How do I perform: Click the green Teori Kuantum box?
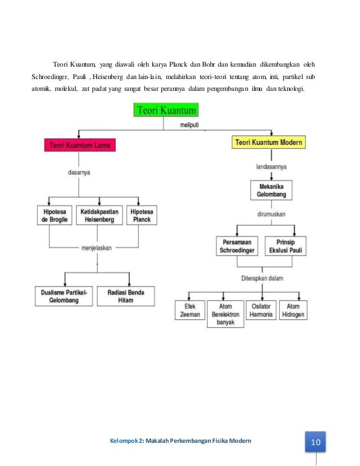click(x=165, y=109)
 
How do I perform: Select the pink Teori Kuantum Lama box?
click(x=81, y=145)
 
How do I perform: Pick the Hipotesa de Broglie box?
click(x=54, y=216)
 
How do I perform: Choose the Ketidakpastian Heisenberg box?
click(x=99, y=216)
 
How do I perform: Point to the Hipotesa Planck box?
click(x=142, y=216)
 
